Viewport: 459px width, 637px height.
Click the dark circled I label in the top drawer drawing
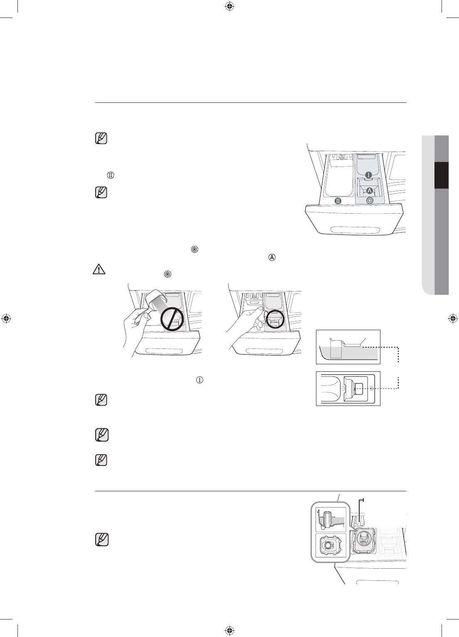(368, 175)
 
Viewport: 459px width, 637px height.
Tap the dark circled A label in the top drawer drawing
(369, 190)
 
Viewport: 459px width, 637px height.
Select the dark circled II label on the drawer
(338, 201)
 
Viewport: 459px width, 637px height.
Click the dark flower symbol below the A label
(370, 201)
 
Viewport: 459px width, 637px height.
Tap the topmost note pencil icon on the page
(101, 139)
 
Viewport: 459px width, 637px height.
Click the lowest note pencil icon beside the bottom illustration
(101, 540)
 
